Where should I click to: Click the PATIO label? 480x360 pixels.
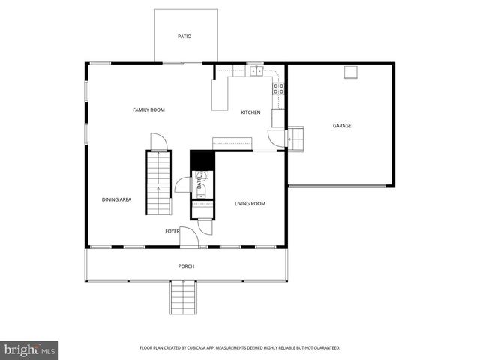tap(184, 36)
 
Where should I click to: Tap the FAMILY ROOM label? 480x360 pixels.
tap(148, 110)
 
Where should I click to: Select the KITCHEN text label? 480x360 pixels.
tap(250, 113)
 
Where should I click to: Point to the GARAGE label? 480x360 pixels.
tap(342, 126)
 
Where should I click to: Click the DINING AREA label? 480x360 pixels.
tap(116, 199)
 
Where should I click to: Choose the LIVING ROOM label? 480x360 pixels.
tap(250, 204)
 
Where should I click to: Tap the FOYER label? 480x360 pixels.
tap(172, 231)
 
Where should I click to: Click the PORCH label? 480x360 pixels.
tap(186, 266)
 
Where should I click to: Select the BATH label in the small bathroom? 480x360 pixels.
tap(199, 181)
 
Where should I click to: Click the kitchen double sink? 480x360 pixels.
tap(256, 71)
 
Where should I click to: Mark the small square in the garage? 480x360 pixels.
tap(350, 72)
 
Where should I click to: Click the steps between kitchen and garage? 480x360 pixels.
tap(297, 139)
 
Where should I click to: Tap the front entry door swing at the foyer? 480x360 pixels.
tap(190, 238)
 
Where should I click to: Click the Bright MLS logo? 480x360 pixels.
tap(30, 349)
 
